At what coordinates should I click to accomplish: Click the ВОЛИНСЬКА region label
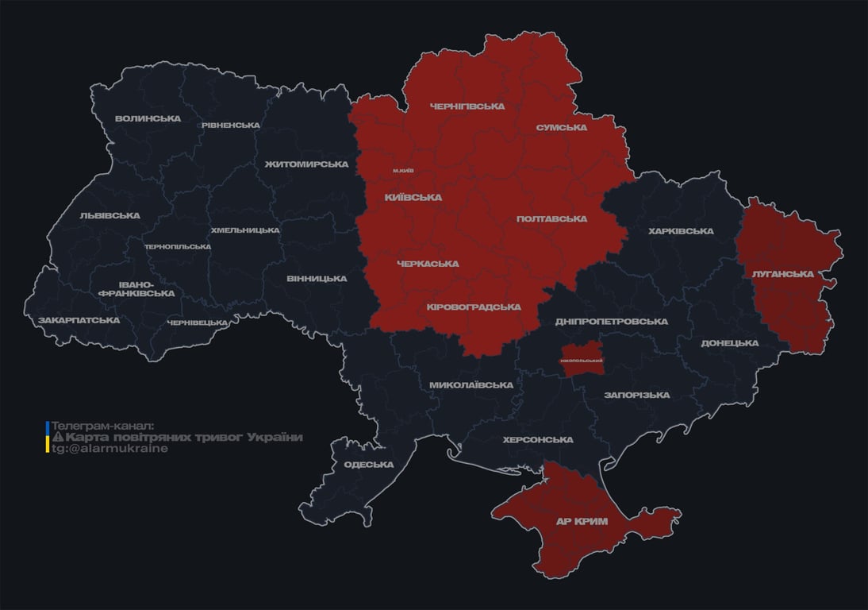point(148,119)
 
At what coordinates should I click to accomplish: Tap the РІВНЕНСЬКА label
point(230,125)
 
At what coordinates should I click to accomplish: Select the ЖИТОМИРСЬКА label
point(306,164)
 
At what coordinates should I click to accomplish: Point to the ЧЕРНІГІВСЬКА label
point(467,106)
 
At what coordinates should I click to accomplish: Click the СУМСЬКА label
point(561,128)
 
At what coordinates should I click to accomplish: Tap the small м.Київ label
point(403,171)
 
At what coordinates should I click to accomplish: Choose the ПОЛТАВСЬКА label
point(551,219)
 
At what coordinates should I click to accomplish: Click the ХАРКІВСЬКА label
point(681,232)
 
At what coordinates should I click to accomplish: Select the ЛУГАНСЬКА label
point(782,274)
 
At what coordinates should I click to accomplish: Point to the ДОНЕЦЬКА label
point(729,343)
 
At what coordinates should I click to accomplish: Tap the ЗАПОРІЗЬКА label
point(636,395)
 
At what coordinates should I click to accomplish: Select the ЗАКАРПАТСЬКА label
point(79,321)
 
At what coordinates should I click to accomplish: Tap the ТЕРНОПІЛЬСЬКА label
point(178,247)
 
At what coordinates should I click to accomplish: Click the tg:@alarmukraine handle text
point(109,449)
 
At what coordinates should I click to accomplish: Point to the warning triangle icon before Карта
point(57,438)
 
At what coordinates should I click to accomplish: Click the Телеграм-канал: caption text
point(102,427)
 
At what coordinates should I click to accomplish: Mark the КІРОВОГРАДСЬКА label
point(474,307)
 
